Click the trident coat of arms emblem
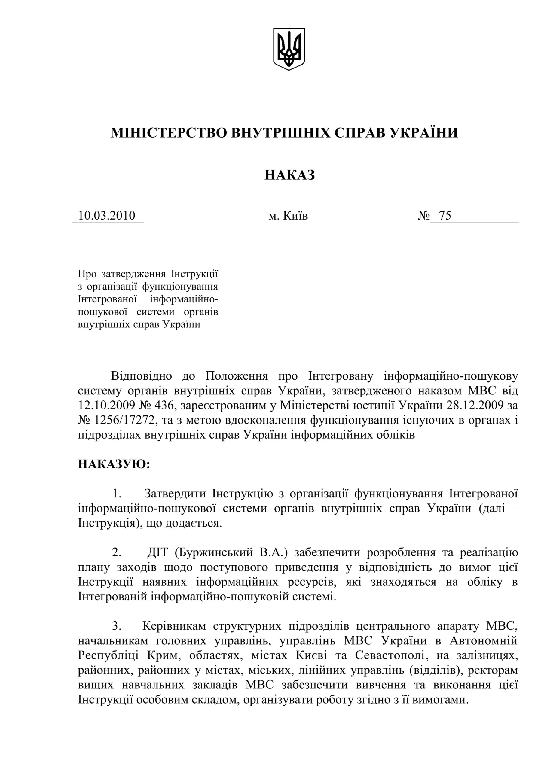289,49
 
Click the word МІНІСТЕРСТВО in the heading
169,133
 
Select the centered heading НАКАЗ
290,175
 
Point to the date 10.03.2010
107,215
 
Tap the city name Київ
295,216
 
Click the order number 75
445,215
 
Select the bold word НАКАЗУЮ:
114,464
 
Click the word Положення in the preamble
237,376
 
